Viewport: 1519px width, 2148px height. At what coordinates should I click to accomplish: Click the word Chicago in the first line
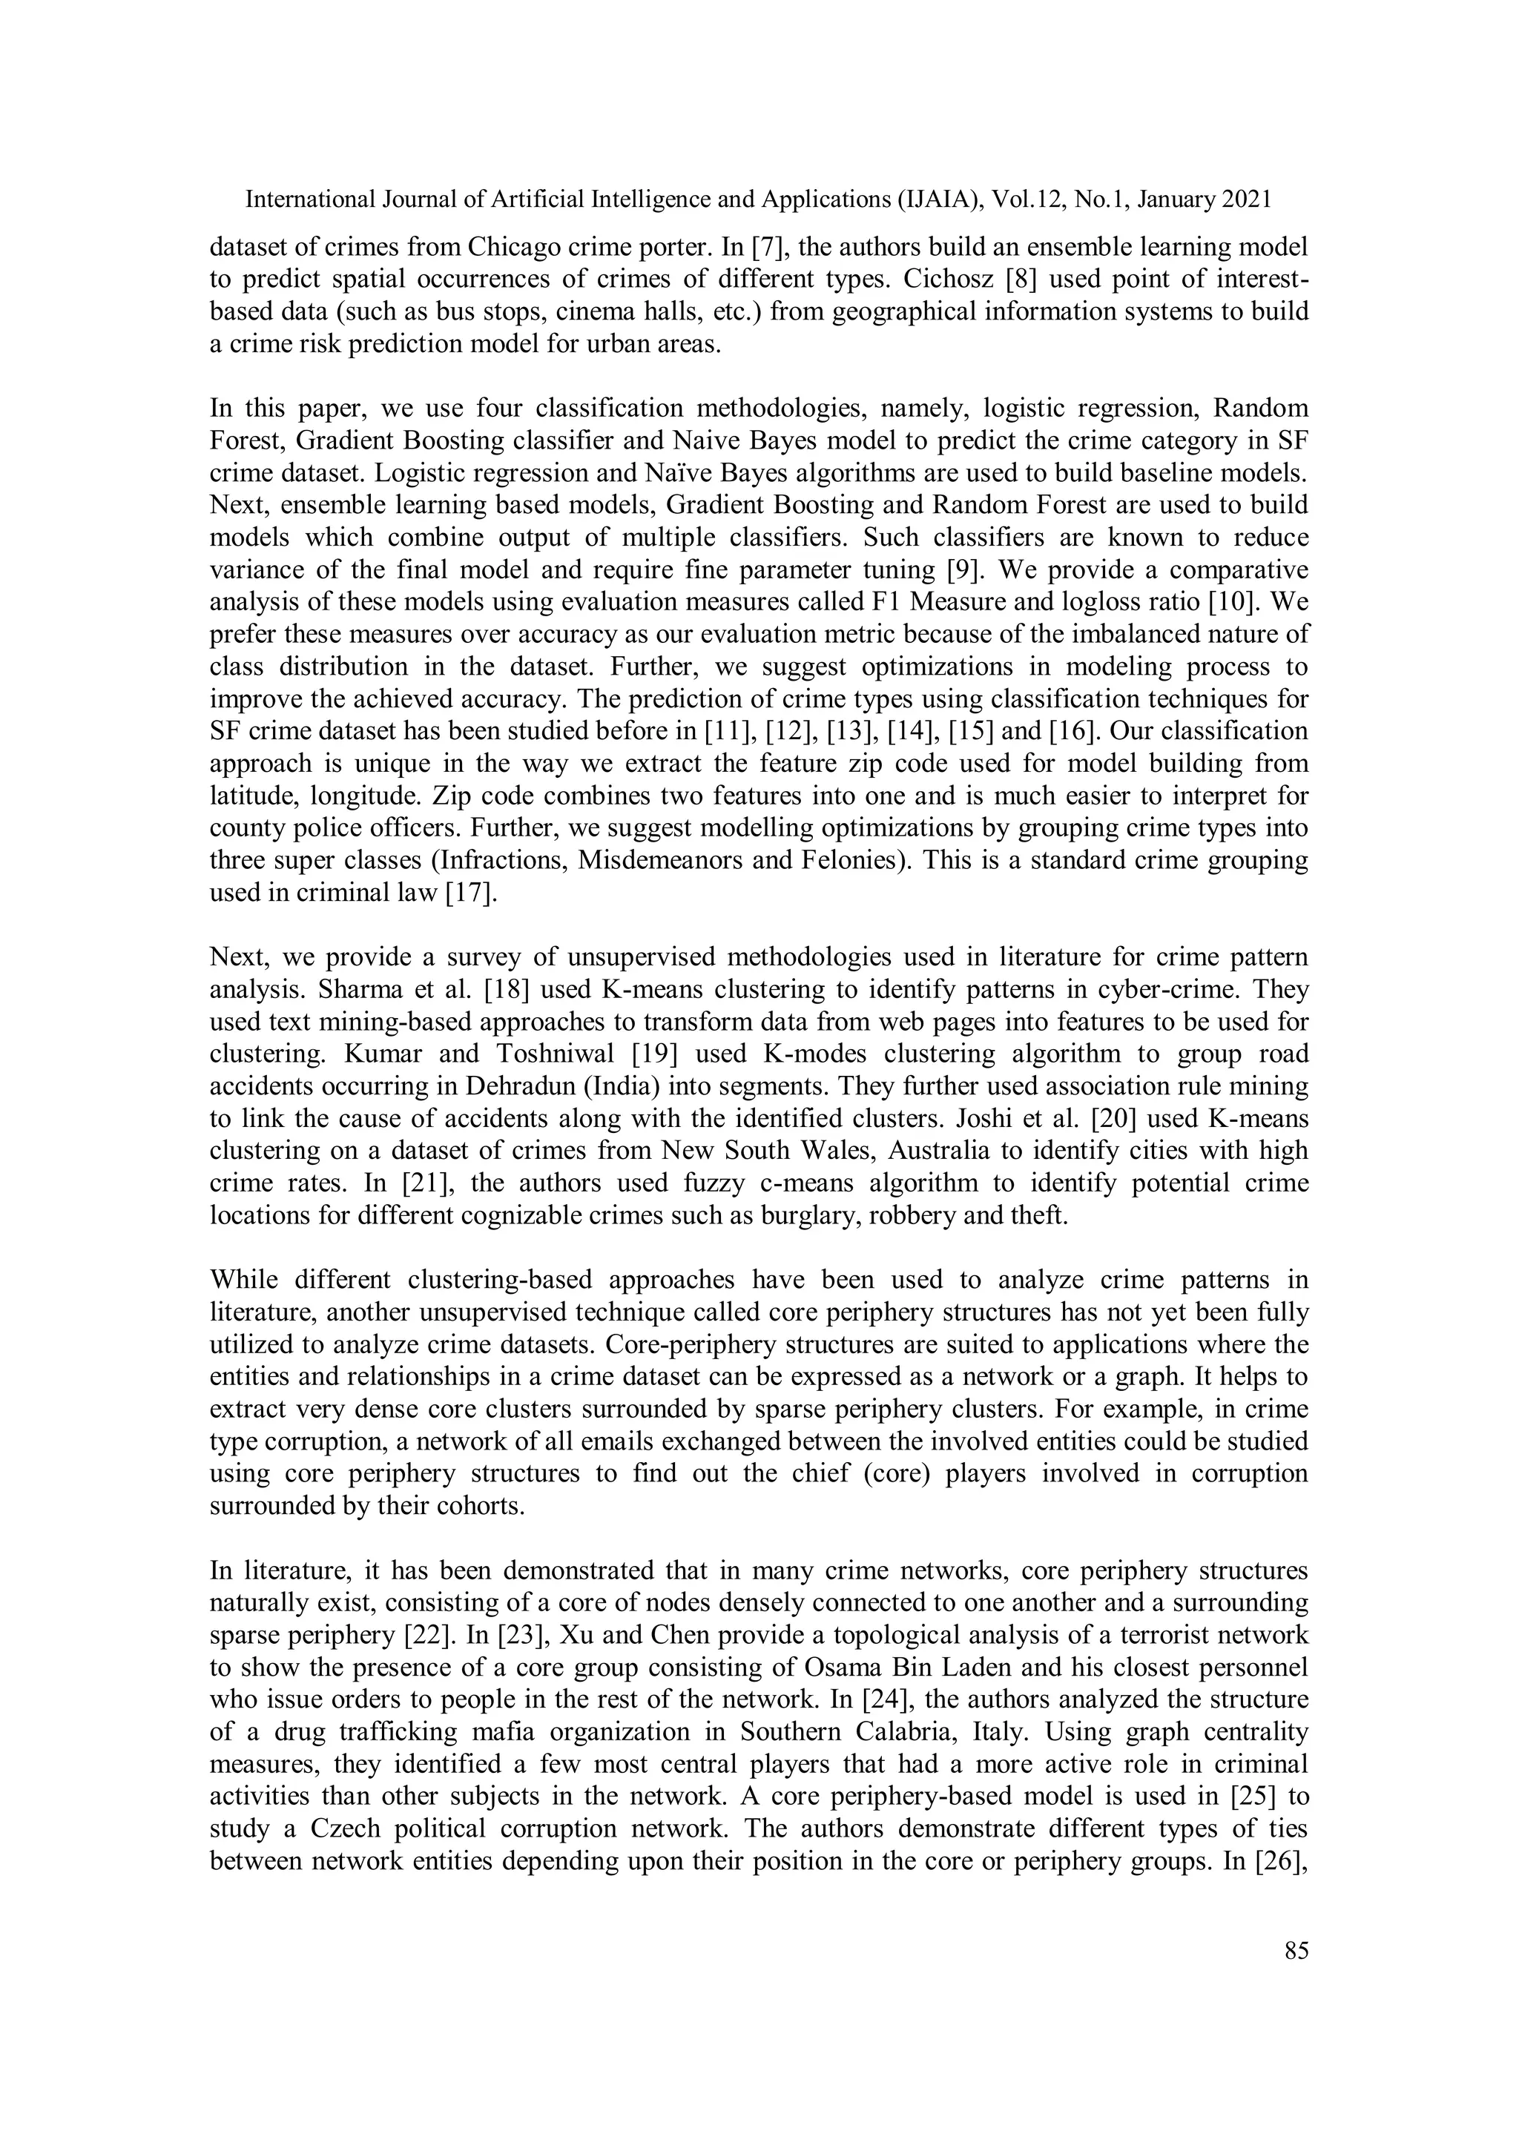pyautogui.click(x=512, y=247)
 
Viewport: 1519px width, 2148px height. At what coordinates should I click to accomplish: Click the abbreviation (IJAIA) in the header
pyautogui.click(x=937, y=199)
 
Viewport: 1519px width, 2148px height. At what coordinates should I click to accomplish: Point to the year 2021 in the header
pyautogui.click(x=1246, y=199)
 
